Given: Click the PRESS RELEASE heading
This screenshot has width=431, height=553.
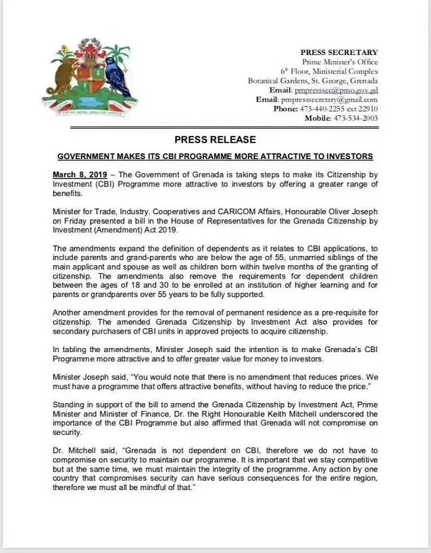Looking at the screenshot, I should click(x=215, y=140).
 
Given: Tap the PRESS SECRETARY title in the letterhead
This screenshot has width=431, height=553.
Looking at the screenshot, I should click(x=339, y=52).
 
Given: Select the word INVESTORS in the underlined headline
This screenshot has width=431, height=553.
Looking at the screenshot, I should click(x=347, y=156).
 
